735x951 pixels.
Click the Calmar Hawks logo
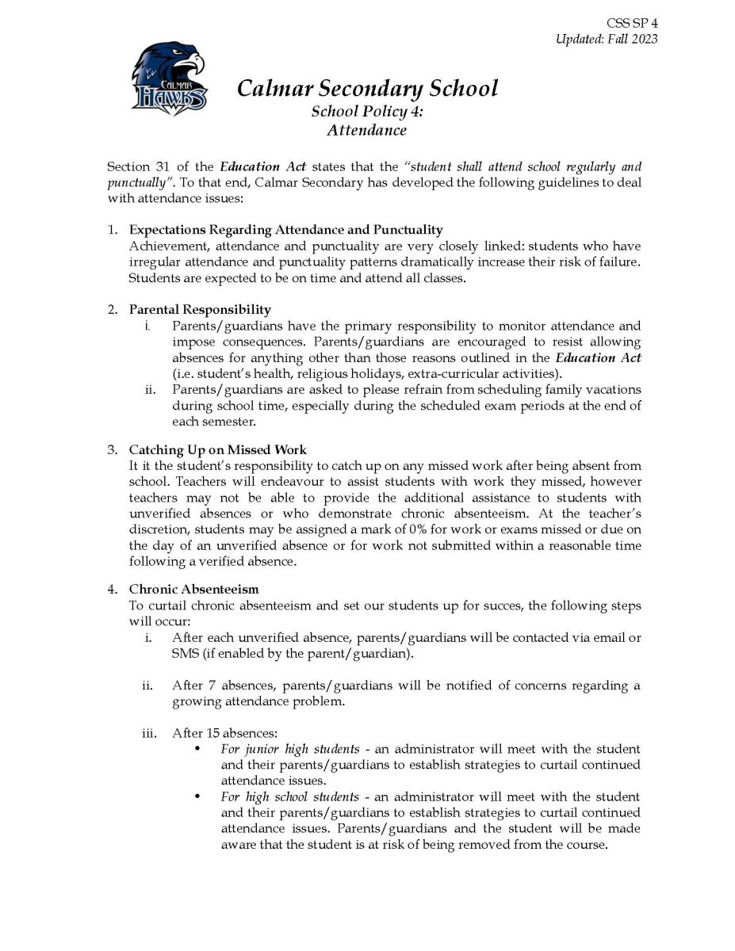point(169,81)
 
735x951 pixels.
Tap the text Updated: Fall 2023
point(607,40)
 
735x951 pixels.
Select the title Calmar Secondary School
point(367,87)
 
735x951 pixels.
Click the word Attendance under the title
point(366,130)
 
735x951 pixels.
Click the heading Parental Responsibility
point(200,309)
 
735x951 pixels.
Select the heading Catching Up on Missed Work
point(217,450)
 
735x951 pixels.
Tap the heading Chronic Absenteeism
point(193,590)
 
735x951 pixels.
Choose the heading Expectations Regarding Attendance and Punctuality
point(285,230)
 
